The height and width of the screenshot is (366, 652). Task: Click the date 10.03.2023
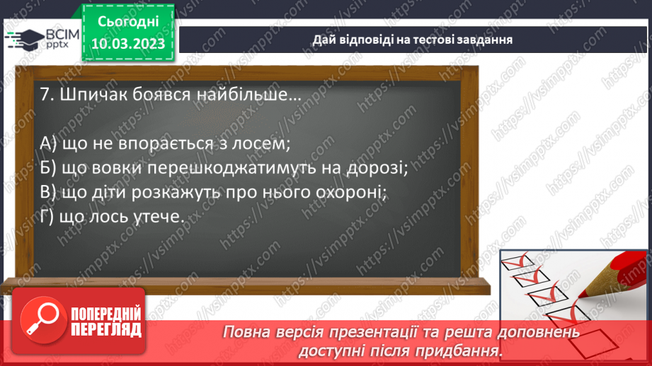pyautogui.click(x=128, y=45)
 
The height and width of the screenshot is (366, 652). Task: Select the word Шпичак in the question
pyautogui.click(x=90, y=95)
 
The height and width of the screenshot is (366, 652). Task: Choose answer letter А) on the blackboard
pyautogui.click(x=49, y=143)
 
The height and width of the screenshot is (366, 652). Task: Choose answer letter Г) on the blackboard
pyautogui.click(x=47, y=218)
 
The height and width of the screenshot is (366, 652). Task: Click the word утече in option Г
pyautogui.click(x=159, y=218)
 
